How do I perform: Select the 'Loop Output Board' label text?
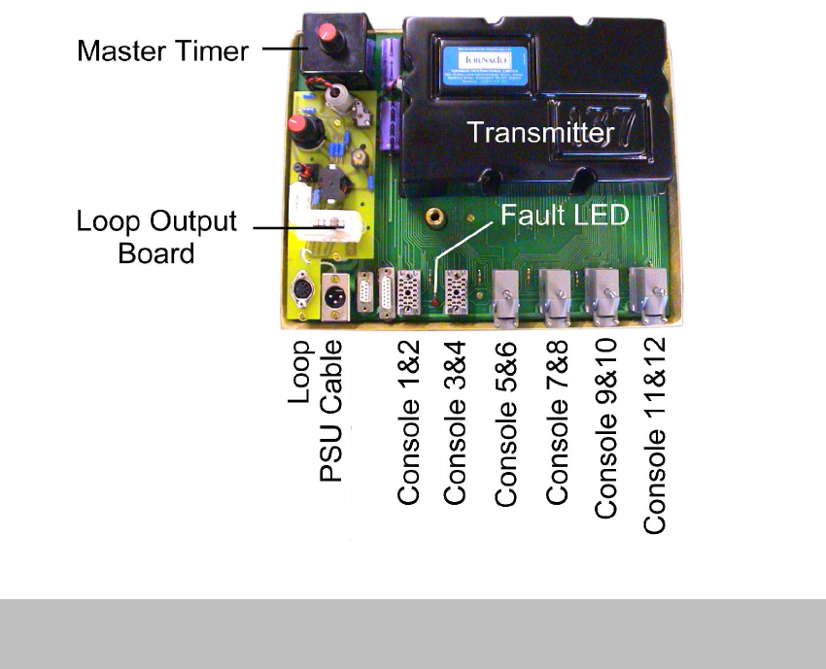click(156, 237)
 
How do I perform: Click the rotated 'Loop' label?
click(301, 373)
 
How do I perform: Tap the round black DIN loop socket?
click(304, 292)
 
